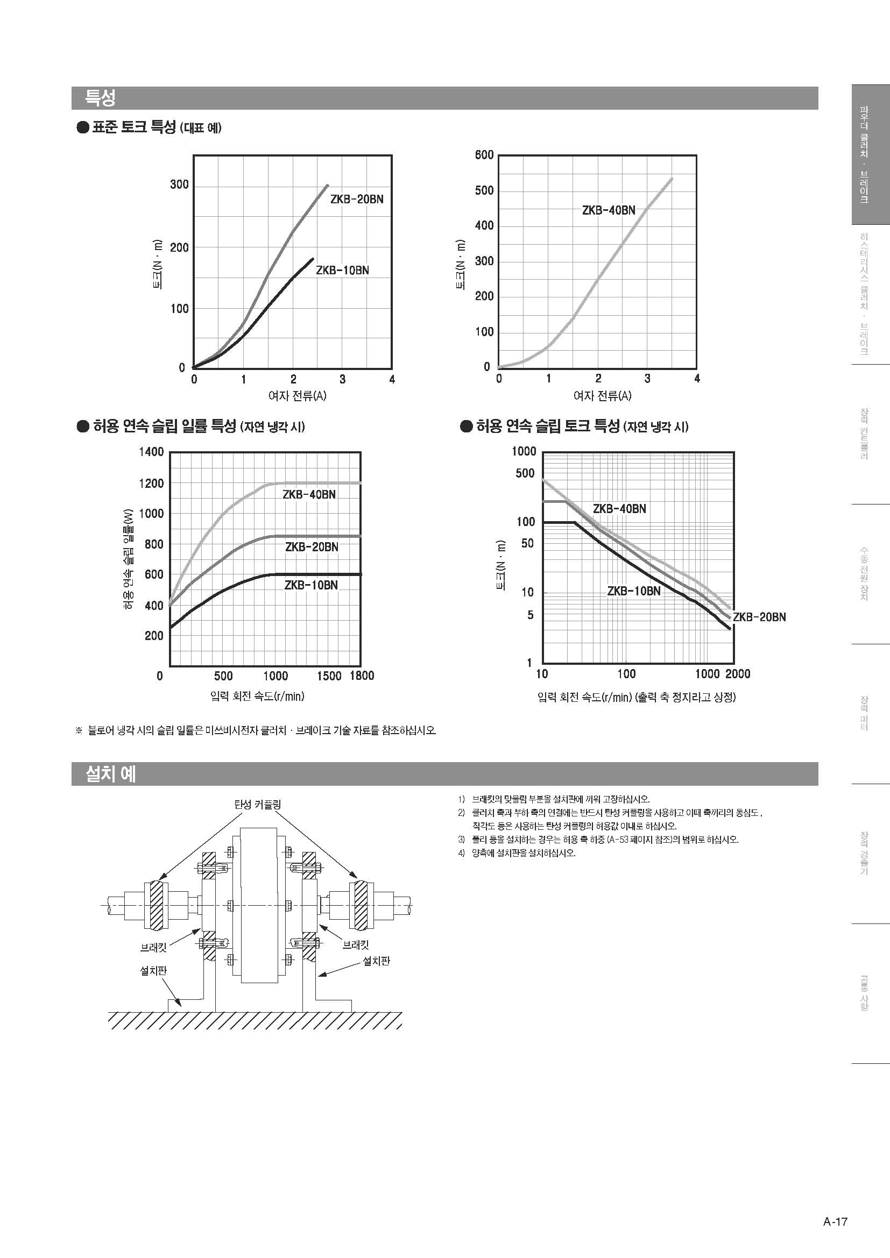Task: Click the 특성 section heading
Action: (100, 98)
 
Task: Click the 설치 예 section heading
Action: (110, 773)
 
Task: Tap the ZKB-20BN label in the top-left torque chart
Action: (357, 200)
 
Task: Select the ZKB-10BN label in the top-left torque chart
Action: (343, 270)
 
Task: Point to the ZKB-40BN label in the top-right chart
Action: (609, 210)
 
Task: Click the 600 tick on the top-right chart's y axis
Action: (484, 155)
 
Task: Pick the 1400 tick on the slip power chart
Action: (151, 451)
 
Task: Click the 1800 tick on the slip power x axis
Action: (362, 676)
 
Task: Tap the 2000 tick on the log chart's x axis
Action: (738, 674)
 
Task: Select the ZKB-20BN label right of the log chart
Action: (759, 617)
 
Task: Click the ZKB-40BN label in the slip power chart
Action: (309, 494)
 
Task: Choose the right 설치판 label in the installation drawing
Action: (377, 961)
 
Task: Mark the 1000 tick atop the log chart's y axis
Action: (524, 451)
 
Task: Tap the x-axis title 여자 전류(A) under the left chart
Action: (297, 396)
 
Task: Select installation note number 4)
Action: (462, 853)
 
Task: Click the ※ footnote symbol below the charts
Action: (79, 730)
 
